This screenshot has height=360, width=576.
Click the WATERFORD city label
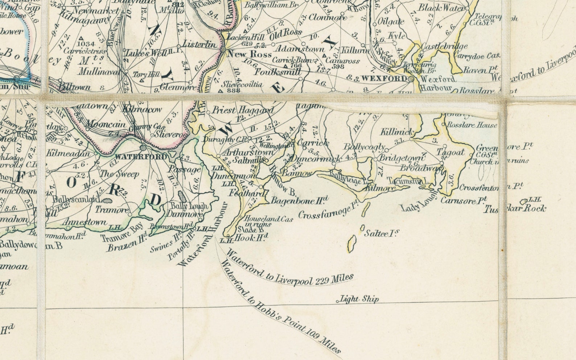point(141,157)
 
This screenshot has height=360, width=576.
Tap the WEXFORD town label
point(384,78)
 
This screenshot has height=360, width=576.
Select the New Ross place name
point(250,54)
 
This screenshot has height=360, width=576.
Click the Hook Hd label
point(251,238)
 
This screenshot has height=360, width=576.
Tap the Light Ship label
point(359,299)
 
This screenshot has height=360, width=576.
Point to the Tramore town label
point(112,210)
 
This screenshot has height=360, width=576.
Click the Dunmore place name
point(184,214)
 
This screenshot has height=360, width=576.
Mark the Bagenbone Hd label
point(300,200)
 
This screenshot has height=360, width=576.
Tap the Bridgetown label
point(402,158)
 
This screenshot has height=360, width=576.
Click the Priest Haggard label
point(243,110)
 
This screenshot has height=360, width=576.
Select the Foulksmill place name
point(277,72)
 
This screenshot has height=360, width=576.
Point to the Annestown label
point(85,222)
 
